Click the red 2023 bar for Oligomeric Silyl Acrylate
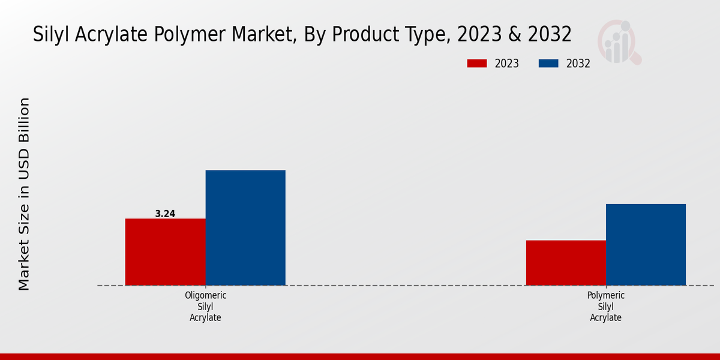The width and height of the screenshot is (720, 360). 165,251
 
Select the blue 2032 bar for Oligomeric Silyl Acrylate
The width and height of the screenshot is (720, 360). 245,227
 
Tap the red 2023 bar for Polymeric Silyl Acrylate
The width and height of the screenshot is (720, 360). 566,262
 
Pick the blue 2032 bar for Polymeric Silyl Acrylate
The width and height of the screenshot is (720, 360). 646,244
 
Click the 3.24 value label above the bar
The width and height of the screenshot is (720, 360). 165,214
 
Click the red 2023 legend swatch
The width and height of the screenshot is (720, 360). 477,64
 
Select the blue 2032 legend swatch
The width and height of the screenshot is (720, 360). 549,64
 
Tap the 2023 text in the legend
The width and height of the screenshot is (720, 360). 507,64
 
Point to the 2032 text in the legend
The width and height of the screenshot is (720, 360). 578,64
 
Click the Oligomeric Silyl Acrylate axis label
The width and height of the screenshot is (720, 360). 205,307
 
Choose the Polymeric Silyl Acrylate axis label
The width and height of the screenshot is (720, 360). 605,307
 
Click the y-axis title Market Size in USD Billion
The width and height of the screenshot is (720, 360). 24,194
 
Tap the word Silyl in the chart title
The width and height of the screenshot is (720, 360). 50,34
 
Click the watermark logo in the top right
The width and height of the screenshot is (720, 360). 619,42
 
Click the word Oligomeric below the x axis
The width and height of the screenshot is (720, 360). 205,296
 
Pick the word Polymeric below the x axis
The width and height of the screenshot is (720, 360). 605,296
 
